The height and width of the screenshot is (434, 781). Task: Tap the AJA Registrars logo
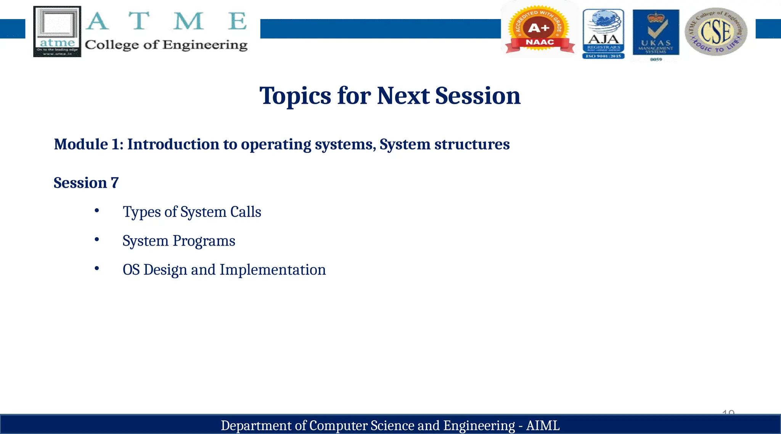(603, 34)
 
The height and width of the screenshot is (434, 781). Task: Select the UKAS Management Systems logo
(656, 34)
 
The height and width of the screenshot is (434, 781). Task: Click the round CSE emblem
(716, 32)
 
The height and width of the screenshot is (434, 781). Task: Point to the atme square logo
(57, 31)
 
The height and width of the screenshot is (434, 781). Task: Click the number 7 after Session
(115, 183)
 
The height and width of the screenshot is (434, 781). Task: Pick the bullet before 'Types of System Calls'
(97, 211)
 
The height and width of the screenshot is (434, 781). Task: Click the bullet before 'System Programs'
(97, 240)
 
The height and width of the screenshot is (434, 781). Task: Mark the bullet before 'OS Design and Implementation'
(97, 268)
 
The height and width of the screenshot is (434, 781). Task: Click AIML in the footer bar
(543, 425)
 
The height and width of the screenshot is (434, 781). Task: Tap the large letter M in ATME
(188, 21)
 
